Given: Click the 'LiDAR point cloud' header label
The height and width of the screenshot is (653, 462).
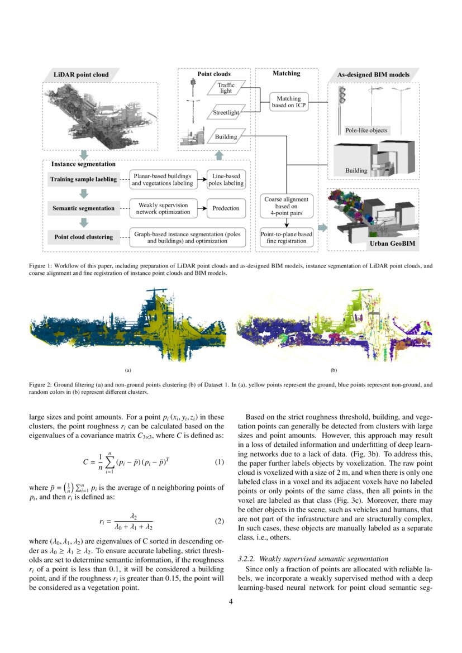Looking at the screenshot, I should point(81,74).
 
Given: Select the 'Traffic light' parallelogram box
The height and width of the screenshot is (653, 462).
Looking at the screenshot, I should point(226,88).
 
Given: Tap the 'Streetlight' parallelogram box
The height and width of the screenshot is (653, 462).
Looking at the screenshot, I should point(226,113).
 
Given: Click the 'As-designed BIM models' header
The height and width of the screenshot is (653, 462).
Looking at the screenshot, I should point(373,74).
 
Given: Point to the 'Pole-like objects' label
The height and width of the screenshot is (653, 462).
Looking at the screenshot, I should point(366,130).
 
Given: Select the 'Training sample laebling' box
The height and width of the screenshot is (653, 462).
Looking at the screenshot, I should point(83,179).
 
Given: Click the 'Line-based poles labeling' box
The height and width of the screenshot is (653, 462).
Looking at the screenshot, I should point(226,179).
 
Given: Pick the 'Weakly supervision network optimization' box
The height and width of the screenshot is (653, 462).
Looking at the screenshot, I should point(163,208).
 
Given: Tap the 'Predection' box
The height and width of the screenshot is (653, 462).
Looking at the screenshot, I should point(226,208).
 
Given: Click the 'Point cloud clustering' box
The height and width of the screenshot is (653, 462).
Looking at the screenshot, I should point(83,237).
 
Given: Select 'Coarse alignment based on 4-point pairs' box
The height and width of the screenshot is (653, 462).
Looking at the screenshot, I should point(286,206).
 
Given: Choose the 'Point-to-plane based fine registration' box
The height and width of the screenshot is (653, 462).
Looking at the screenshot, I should point(286,237).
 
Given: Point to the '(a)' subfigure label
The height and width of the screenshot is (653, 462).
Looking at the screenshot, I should point(128,370).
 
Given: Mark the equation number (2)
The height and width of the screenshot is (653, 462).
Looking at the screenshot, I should point(219,522).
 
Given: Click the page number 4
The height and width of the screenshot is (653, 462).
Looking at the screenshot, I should point(231,602).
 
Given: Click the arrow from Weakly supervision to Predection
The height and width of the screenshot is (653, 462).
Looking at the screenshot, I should point(200,208).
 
